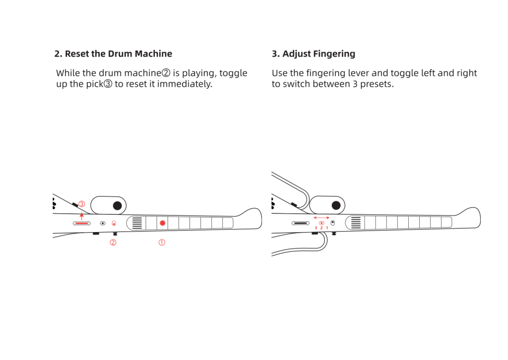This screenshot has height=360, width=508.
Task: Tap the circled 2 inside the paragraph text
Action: pos(166,73)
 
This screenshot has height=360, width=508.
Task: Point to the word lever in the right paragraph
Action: pos(359,73)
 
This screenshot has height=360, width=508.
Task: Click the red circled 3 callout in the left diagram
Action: pos(82,204)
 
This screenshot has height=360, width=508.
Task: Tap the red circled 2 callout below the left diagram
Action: pos(113,242)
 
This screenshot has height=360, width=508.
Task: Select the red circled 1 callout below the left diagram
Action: pos(162,242)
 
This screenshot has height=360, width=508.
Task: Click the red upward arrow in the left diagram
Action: pos(82,216)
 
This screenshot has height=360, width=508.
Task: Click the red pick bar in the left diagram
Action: pos(82,223)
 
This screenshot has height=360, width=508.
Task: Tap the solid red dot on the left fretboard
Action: pos(163,223)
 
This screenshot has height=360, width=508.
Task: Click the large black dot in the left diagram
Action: pos(117,205)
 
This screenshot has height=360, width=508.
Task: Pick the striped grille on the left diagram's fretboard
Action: pos(137,223)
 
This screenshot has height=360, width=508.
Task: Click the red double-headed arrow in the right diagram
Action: pos(321,218)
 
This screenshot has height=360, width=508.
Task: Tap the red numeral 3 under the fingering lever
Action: pos(316,228)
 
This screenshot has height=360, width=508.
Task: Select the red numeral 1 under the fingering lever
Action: pos(327,228)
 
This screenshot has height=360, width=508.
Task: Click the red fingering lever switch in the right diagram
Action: pos(321,223)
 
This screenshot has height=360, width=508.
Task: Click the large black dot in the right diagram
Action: pos(336,205)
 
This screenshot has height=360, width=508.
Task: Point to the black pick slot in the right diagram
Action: pos(300,223)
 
